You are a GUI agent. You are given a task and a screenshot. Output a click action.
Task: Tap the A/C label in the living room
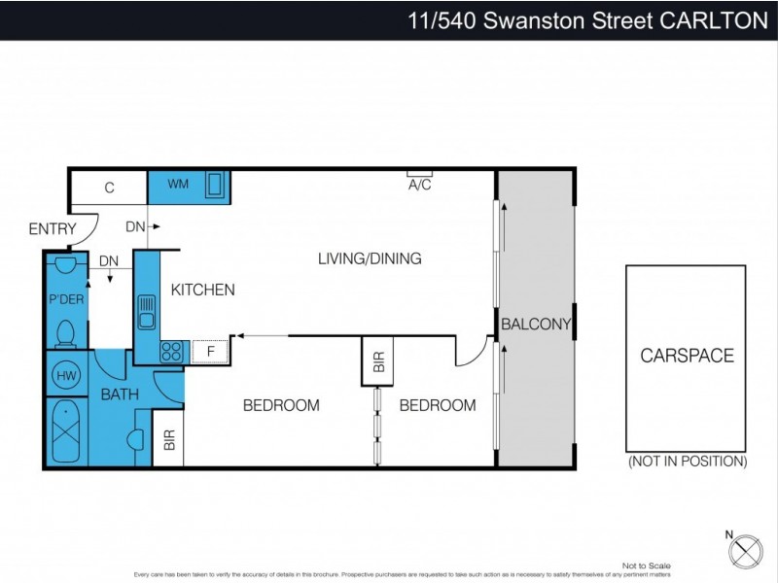420,186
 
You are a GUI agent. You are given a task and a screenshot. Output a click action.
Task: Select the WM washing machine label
178,185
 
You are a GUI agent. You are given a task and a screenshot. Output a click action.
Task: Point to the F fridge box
209,351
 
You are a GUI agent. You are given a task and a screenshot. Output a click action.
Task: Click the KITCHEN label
203,290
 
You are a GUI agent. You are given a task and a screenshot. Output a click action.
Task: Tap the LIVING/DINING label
370,258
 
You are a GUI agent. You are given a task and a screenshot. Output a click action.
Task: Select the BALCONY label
535,325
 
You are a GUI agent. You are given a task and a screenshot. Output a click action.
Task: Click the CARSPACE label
687,356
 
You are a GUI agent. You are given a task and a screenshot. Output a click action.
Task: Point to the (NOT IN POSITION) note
687,461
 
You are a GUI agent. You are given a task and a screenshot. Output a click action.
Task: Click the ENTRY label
53,229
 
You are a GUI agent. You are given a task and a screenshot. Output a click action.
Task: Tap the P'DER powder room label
66,299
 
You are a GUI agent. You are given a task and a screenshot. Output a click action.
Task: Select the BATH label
120,394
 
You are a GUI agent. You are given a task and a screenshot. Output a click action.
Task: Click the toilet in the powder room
66,333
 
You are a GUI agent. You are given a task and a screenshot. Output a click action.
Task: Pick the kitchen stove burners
172,351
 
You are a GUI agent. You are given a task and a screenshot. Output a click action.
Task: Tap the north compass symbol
746,549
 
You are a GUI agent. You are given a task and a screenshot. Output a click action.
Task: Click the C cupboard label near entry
110,188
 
